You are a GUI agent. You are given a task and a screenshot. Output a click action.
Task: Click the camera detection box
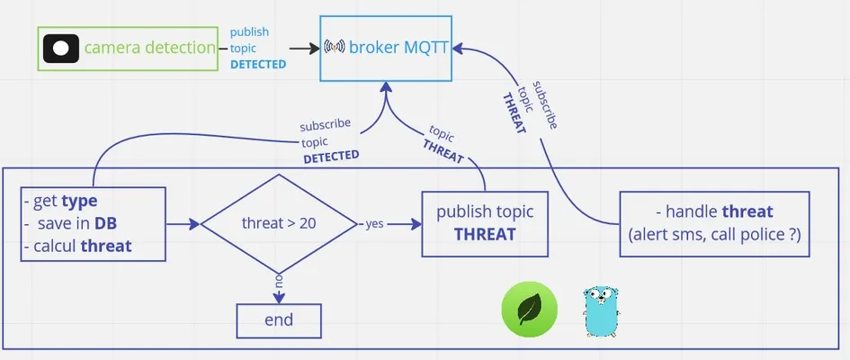coord(129,49)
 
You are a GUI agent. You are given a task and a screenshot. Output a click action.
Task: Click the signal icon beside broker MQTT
coord(334,47)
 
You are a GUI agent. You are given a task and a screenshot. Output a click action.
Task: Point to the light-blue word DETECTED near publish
coord(258,65)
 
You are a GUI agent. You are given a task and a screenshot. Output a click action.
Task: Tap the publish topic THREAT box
coord(485,223)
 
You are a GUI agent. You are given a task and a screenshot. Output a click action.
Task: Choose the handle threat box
coord(714,223)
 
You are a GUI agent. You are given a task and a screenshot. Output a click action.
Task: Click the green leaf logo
coord(529,309)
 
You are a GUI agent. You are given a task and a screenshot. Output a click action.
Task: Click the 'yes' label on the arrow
coord(374,223)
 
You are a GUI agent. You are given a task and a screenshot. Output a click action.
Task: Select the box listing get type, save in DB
coord(94,223)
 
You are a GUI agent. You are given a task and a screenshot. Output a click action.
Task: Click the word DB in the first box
coord(106,223)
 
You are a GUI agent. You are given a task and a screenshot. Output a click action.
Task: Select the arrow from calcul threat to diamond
coord(183,223)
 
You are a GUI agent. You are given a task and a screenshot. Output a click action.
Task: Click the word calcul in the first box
coord(56,246)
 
